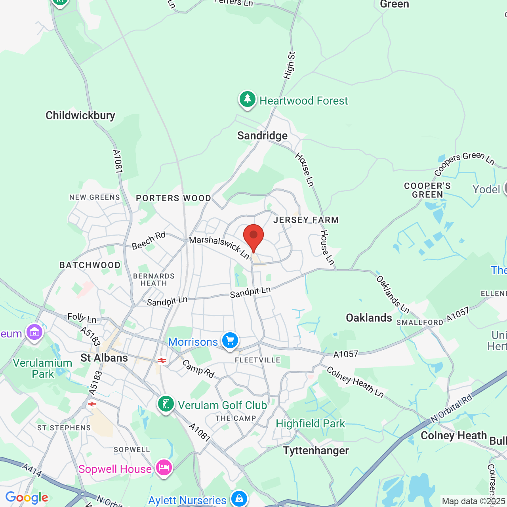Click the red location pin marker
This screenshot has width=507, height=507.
[253, 236]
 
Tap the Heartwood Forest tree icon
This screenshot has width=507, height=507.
[248, 99]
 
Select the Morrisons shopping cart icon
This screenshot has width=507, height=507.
[230, 341]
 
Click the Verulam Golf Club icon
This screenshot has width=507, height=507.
[166, 404]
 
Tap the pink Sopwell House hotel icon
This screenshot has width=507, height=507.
[164, 468]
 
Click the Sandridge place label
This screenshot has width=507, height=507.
[262, 136]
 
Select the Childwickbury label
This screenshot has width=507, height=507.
[80, 116]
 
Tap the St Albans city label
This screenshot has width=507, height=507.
[104, 358]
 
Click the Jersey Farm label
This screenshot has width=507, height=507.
[306, 220]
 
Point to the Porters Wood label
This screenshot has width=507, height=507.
[173, 198]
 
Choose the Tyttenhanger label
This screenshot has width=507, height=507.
[316, 451]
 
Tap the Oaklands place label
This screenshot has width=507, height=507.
[369, 318]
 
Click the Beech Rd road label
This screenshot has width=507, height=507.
[149, 241]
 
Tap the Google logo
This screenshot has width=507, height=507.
[27, 497]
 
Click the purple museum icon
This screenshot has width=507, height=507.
[34, 332]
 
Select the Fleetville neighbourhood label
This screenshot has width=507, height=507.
[257, 360]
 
